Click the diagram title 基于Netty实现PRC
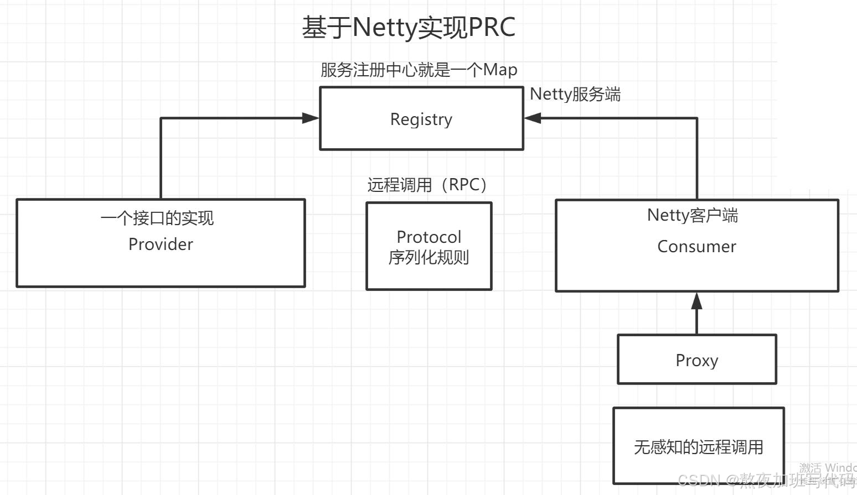(x=409, y=28)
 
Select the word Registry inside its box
(x=421, y=119)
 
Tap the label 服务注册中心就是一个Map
(x=419, y=70)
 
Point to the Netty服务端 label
(x=575, y=95)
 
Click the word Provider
(x=161, y=244)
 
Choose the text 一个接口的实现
(x=157, y=218)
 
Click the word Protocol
(x=429, y=237)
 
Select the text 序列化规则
(x=429, y=258)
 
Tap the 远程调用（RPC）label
(x=427, y=185)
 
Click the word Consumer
(x=696, y=247)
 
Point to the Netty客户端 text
(x=693, y=215)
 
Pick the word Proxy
(x=697, y=361)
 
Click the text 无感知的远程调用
(x=698, y=447)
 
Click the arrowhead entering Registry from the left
(x=311, y=118)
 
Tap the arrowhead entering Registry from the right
(x=533, y=118)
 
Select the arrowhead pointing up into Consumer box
(x=696, y=301)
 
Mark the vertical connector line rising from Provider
(x=161, y=160)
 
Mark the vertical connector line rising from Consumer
(x=696, y=160)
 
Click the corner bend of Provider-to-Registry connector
(x=161, y=118)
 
